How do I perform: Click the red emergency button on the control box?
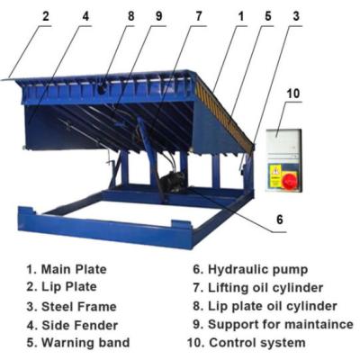(x=290, y=180)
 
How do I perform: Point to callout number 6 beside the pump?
(x=280, y=219)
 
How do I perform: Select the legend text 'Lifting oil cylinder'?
(x=271, y=287)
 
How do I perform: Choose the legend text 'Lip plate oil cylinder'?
(x=274, y=306)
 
